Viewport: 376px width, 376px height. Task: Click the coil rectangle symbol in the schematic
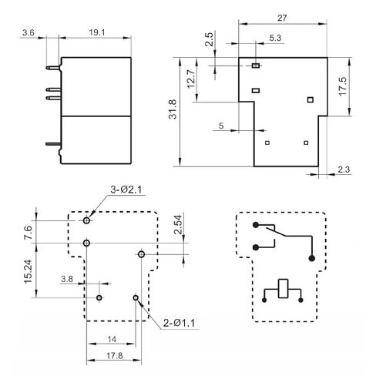pos(284,288)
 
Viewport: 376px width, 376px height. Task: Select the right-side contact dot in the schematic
pos(311,258)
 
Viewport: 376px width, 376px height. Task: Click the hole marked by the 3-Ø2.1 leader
pos(87,220)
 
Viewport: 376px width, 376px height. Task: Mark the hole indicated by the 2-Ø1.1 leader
pos(136,298)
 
